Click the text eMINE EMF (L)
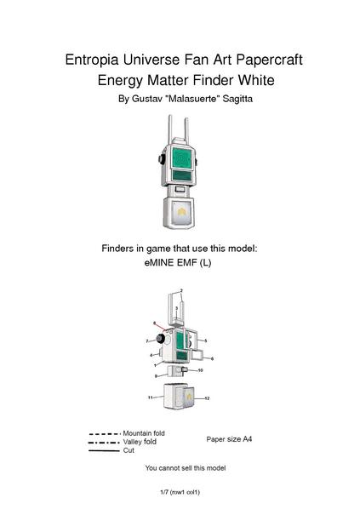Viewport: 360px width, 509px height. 180,264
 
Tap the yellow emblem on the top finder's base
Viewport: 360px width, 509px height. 180,209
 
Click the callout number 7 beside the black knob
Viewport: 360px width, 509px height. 147,340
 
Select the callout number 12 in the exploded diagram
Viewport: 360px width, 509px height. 206,398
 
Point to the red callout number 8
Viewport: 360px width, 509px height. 154,323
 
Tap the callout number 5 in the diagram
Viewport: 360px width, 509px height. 206,340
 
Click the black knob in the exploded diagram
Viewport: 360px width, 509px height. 158,340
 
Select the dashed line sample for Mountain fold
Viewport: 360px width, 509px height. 105,434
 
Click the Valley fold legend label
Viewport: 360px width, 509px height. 140,442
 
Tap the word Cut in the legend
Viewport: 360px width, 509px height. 129,450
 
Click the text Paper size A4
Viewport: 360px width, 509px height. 229,439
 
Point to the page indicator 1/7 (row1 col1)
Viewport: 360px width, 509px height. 180,492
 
